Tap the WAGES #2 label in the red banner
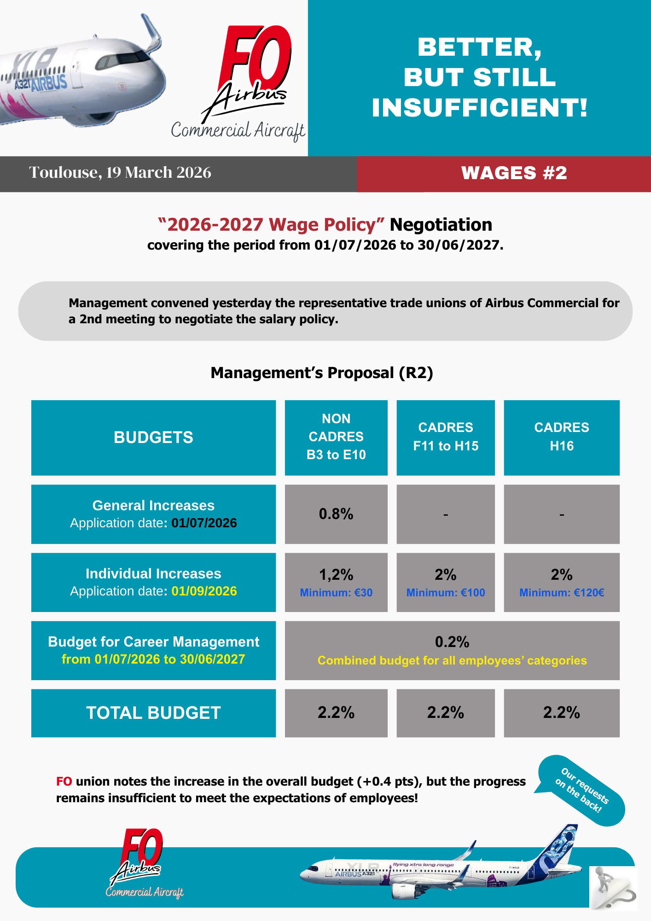tap(514, 173)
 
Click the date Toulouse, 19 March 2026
tap(120, 173)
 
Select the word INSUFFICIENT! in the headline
tap(480, 107)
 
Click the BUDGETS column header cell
tap(153, 437)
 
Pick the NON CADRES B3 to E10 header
tap(336, 437)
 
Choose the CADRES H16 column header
tap(561, 437)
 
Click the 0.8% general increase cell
tap(336, 514)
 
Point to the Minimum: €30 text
tap(336, 593)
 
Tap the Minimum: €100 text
tap(445, 593)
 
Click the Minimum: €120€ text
tap(561, 593)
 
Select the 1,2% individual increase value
tap(336, 575)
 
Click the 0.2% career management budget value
tap(452, 642)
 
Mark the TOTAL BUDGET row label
tap(153, 713)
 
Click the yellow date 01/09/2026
tap(204, 591)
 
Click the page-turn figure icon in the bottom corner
tap(612, 888)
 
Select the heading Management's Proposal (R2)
tap(322, 373)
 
